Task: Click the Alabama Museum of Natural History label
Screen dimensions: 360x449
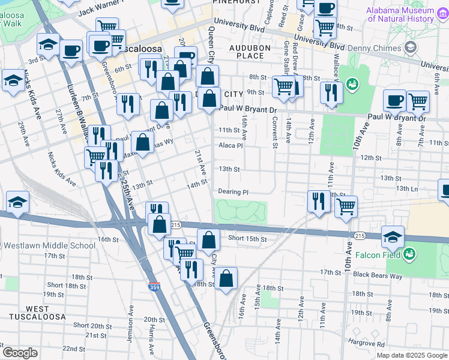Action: (402, 14)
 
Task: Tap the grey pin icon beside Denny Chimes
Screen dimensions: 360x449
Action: (411, 47)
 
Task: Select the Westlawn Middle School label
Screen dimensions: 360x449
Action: (49, 245)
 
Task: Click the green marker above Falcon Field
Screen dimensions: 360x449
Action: (410, 254)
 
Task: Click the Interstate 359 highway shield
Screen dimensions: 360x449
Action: (154, 287)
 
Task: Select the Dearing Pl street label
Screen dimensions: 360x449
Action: (234, 192)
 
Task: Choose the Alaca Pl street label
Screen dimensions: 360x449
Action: (231, 145)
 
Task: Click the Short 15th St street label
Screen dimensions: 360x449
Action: (247, 238)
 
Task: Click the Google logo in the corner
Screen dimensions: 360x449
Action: (20, 353)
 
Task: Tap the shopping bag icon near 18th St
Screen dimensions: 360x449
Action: (226, 278)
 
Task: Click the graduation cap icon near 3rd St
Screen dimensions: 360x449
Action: (48, 45)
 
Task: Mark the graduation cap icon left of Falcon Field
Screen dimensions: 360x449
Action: (393, 237)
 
